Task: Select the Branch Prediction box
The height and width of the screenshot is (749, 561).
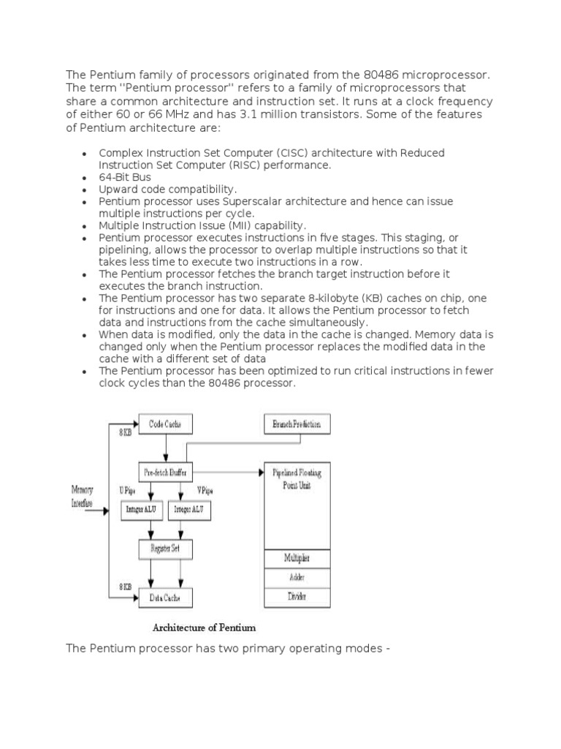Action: click(296, 424)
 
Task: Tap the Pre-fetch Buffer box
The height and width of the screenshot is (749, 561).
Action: click(165, 473)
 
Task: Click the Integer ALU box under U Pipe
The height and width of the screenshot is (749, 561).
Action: click(142, 509)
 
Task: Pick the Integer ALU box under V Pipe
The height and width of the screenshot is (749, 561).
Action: click(190, 509)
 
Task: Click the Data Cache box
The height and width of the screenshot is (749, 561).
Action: click(165, 598)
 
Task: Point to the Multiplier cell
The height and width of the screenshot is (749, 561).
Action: click(297, 559)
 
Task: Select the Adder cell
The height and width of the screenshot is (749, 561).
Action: click(297, 577)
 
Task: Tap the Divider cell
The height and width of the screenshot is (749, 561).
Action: click(297, 596)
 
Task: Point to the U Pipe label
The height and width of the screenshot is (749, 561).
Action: click(126, 491)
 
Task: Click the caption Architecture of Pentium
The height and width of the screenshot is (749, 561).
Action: click(204, 627)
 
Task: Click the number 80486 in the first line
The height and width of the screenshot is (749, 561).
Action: click(395, 75)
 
